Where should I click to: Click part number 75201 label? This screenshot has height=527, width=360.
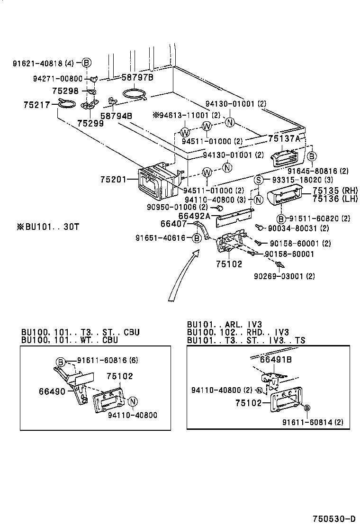(x=113, y=180)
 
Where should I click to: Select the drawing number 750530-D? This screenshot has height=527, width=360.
(x=333, y=518)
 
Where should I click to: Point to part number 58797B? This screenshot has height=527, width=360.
(x=138, y=77)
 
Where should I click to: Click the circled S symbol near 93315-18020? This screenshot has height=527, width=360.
(x=259, y=180)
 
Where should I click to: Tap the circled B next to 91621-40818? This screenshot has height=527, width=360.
(x=86, y=63)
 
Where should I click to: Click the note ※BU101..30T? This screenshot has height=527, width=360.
(x=47, y=227)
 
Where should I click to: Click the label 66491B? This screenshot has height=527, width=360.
(x=276, y=360)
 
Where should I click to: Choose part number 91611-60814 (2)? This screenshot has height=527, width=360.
(x=313, y=422)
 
